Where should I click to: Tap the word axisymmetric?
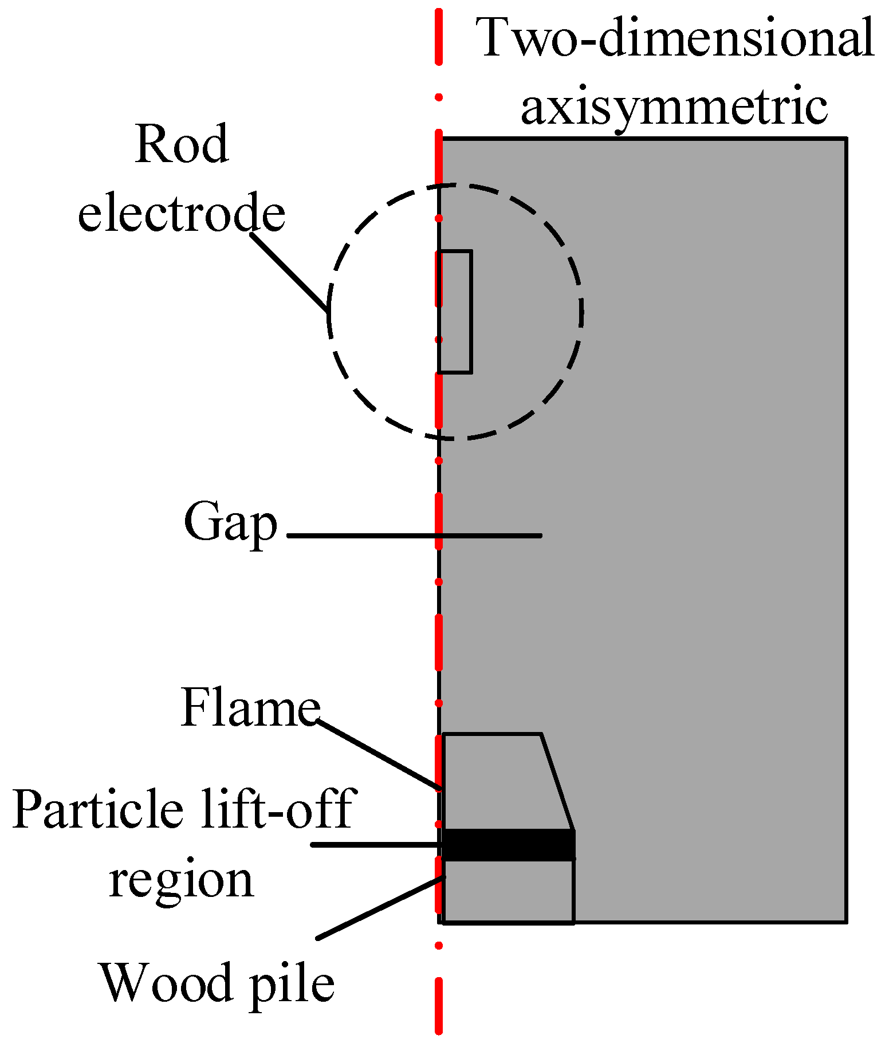pos(674,107)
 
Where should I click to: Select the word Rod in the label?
pos(182,144)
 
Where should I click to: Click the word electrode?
pos(182,213)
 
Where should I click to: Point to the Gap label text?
pos(230,523)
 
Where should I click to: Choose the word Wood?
pos(166,983)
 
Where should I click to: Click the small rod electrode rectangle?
pos(455,312)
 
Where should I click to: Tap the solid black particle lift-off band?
pos(509,845)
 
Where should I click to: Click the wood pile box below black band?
pos(509,891)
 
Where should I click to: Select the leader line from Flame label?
pos(378,755)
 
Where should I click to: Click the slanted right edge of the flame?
pos(557,782)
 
